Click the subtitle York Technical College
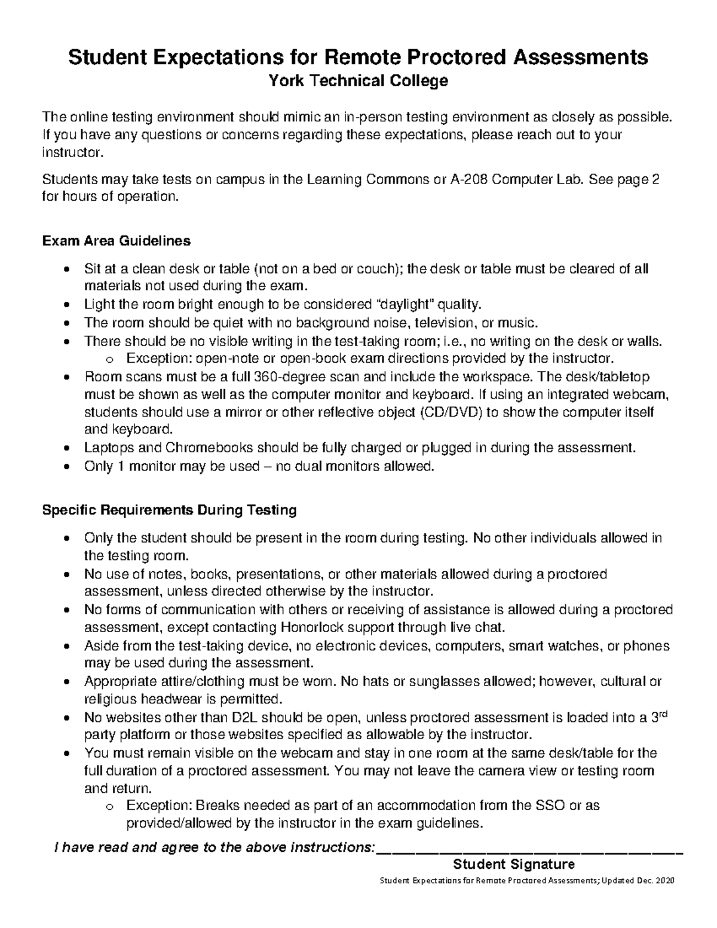(x=358, y=81)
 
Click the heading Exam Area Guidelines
(x=116, y=241)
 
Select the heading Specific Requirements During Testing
(x=168, y=510)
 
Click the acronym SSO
(x=549, y=806)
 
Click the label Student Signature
(x=514, y=864)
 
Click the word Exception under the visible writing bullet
(x=154, y=359)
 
